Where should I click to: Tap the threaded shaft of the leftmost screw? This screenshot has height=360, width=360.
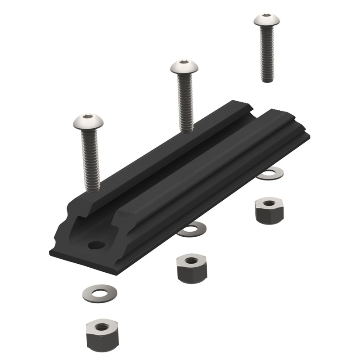pos(90,157)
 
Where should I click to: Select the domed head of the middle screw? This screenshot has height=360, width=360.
pos(185,67)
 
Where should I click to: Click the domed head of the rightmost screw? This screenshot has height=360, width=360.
pos(266,20)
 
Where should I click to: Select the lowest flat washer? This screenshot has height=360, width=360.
pos(100,293)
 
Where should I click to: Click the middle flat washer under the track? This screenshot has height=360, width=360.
pos(192,229)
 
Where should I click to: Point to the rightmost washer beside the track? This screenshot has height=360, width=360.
pos(270,173)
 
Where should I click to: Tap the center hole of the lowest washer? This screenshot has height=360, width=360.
pos(100,293)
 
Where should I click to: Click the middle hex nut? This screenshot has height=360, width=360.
pos(191,268)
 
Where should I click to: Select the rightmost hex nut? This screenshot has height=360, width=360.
pos(269,211)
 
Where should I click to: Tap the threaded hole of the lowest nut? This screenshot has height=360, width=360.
pos(102,327)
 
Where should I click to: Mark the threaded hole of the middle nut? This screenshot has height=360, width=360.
pos(191,260)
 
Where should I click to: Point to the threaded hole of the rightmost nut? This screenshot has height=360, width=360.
pos(269,203)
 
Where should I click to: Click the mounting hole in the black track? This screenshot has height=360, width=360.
pos(96,245)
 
